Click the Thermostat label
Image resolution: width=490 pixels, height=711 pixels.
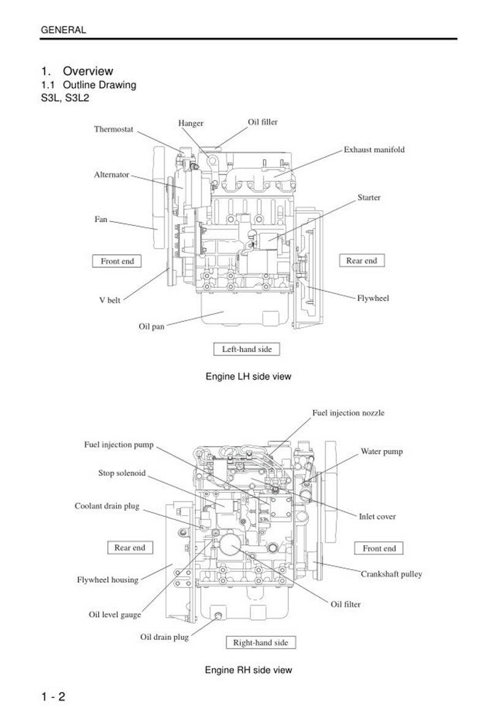(x=113, y=129)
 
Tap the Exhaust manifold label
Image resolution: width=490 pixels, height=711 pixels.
(x=374, y=149)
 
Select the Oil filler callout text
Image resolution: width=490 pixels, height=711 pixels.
(x=262, y=122)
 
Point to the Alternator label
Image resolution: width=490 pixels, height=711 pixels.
(x=111, y=175)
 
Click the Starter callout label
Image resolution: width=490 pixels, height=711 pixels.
(x=369, y=197)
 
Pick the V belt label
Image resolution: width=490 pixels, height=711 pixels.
(x=110, y=300)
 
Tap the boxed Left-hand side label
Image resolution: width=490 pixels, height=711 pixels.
(x=246, y=349)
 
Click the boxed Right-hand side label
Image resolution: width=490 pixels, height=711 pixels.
(x=260, y=642)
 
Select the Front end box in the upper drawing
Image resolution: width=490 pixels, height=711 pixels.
(x=117, y=261)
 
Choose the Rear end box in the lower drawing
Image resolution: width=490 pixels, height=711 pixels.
(x=130, y=547)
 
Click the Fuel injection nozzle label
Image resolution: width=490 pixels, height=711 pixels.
(x=348, y=413)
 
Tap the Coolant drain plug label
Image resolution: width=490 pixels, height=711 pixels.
(x=107, y=506)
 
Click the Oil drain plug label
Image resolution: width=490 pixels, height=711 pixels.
(x=165, y=637)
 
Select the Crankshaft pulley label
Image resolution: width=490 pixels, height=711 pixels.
(x=391, y=574)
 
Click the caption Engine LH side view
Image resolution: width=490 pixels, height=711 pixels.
(x=248, y=377)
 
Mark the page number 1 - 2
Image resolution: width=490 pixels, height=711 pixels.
(x=53, y=696)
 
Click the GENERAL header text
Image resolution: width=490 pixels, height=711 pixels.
(x=63, y=29)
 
